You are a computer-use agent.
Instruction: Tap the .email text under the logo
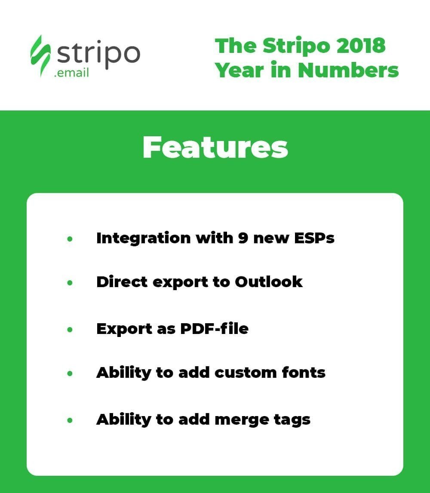tap(71, 72)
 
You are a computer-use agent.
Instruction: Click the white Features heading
tap(215, 148)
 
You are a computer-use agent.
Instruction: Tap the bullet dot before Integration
tap(70, 239)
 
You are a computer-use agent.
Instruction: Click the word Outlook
tap(269, 282)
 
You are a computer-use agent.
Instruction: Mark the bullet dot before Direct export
tap(70, 283)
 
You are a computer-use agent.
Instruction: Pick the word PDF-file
tap(212, 329)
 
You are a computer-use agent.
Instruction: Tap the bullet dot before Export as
tap(70, 330)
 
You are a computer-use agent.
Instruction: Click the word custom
tap(245, 373)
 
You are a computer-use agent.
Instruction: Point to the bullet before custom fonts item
tap(70, 374)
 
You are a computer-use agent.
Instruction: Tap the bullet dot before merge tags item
tap(70, 420)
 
